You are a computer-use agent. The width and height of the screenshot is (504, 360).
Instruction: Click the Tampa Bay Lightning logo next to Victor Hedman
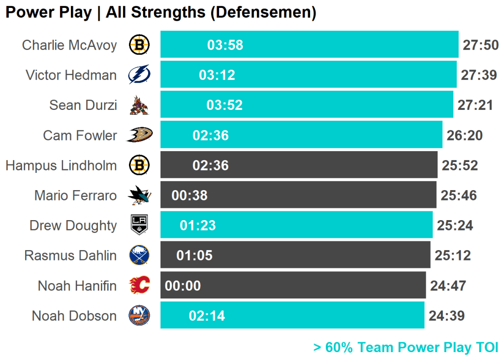point(139,75)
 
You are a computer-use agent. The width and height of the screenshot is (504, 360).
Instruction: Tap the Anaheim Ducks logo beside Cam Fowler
point(139,135)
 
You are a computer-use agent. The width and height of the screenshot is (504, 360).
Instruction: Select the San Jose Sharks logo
point(139,196)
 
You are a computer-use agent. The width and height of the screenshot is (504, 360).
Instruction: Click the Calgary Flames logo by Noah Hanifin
point(139,286)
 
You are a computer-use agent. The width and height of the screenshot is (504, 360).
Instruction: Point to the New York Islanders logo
point(139,316)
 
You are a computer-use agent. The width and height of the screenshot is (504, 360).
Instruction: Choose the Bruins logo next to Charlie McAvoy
point(139,45)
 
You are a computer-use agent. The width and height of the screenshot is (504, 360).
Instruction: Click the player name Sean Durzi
point(83,105)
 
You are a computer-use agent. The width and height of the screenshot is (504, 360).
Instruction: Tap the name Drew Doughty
point(73,226)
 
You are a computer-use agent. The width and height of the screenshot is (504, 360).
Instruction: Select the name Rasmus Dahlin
point(70,256)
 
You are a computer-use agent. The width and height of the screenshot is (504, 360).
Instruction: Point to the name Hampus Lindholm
point(61,165)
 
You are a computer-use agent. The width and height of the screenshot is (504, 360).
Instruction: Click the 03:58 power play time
point(225,45)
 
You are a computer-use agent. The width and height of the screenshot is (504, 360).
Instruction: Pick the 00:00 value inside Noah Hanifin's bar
point(183,286)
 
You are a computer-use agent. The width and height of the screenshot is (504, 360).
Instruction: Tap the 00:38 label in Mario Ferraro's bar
point(189,196)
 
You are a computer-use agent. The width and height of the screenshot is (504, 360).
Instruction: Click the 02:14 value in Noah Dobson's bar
point(207,316)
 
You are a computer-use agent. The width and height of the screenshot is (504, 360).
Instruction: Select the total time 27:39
point(479,75)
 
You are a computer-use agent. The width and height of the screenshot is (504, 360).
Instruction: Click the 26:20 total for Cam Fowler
point(465,135)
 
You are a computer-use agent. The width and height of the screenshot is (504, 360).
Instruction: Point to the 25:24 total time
point(455,226)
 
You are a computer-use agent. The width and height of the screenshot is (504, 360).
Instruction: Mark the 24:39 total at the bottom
point(446,316)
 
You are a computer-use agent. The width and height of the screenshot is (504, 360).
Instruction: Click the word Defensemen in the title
point(263,13)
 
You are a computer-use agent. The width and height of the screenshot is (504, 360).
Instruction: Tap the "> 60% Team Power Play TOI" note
point(406,347)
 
